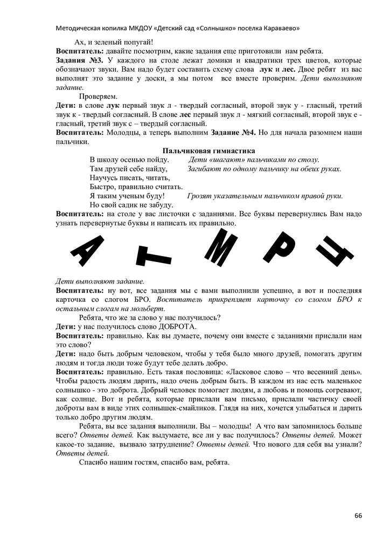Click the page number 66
click(358, 515)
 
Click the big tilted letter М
click(222, 246)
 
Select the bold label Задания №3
click(80, 59)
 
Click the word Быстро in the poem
click(101, 187)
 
